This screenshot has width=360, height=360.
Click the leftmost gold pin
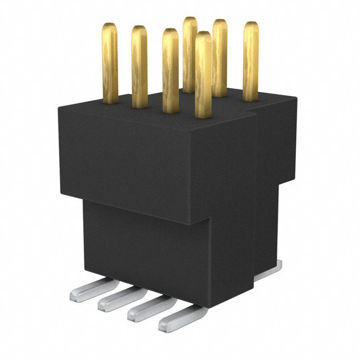pos(110,62)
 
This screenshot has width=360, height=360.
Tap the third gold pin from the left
pos(170,70)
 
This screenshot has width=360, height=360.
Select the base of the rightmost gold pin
pos(251,97)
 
